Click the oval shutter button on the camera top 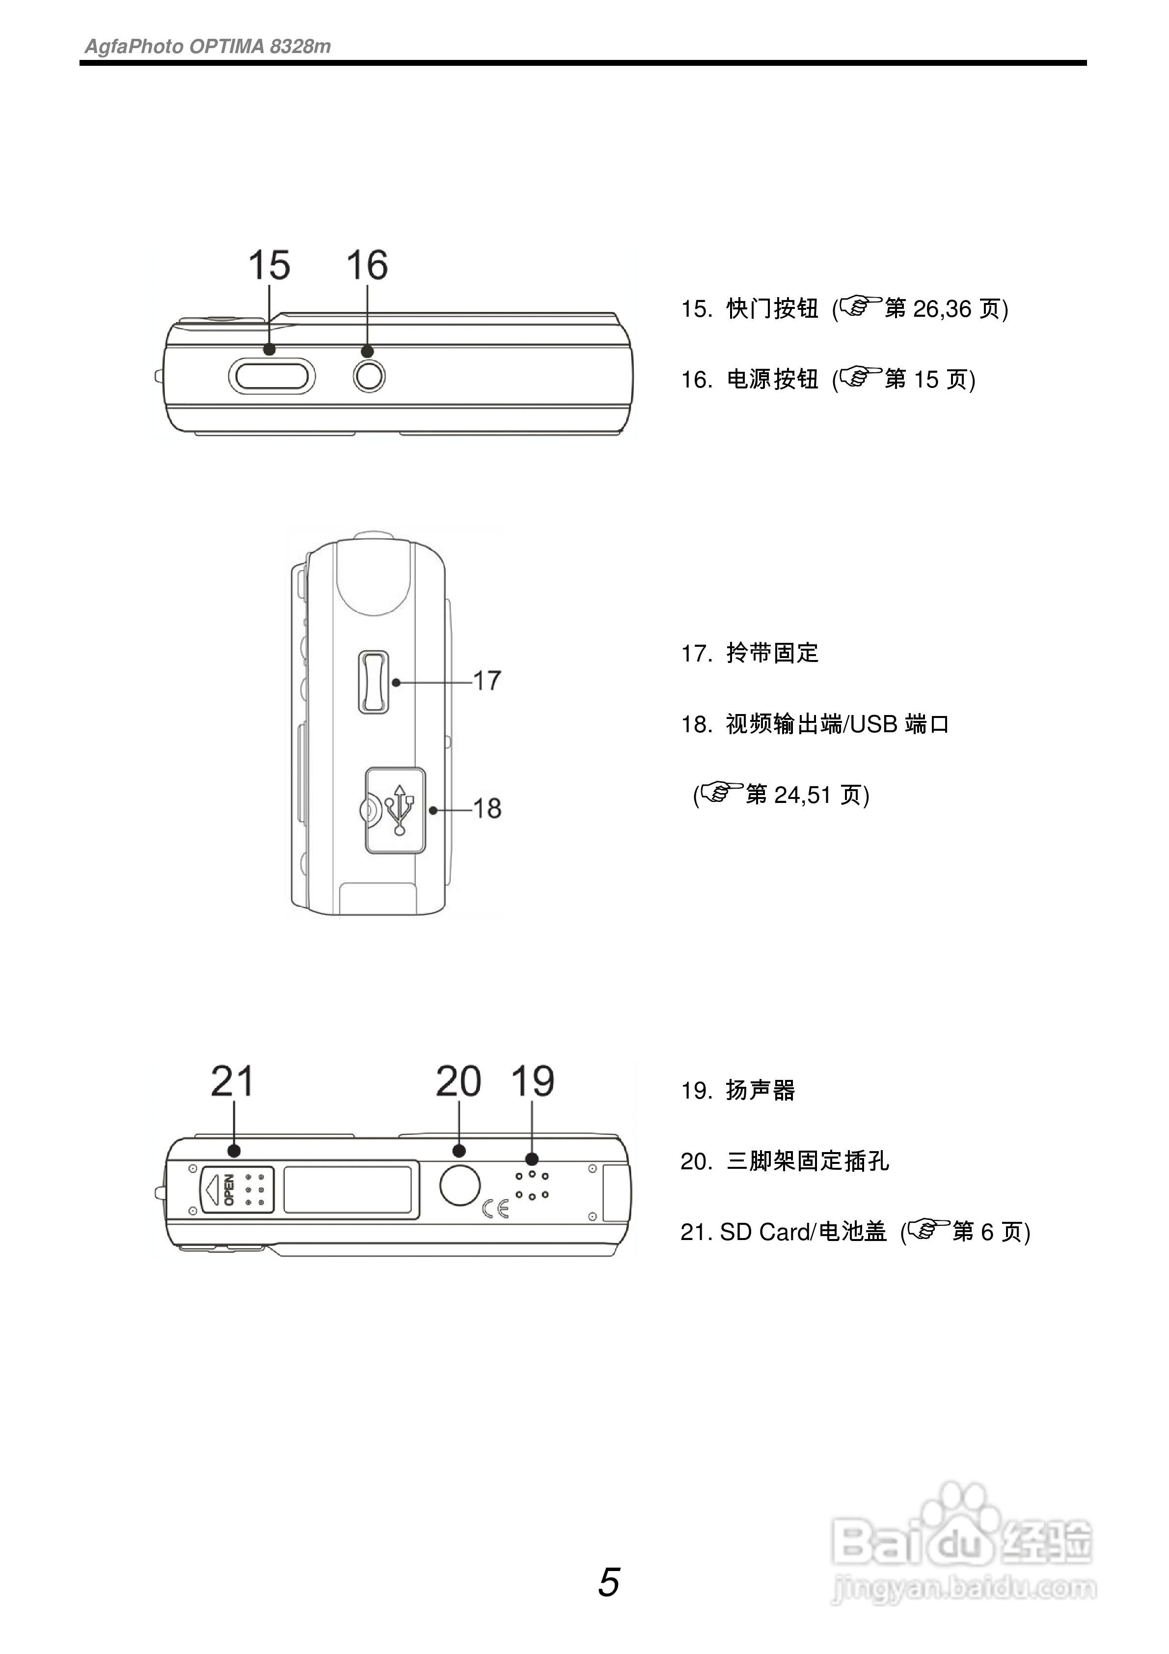[272, 377]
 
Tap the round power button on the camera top [369, 376]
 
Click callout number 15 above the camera [269, 265]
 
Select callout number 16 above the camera [367, 265]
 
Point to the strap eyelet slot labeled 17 [373, 682]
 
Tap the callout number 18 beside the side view [487, 808]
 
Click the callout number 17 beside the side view [487, 680]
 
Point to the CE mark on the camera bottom [495, 1208]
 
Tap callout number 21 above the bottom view [232, 1081]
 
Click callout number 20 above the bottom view [458, 1081]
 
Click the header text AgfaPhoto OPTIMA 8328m [208, 47]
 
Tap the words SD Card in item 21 [763, 1232]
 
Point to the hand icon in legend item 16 [861, 376]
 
